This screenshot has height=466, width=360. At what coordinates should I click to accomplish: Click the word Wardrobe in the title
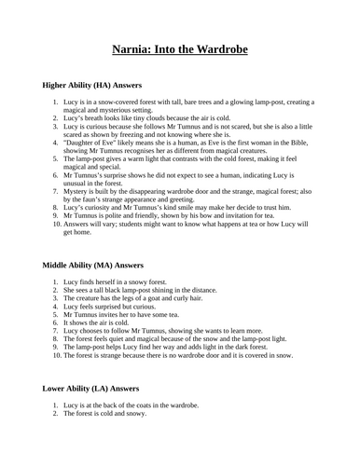219,48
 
